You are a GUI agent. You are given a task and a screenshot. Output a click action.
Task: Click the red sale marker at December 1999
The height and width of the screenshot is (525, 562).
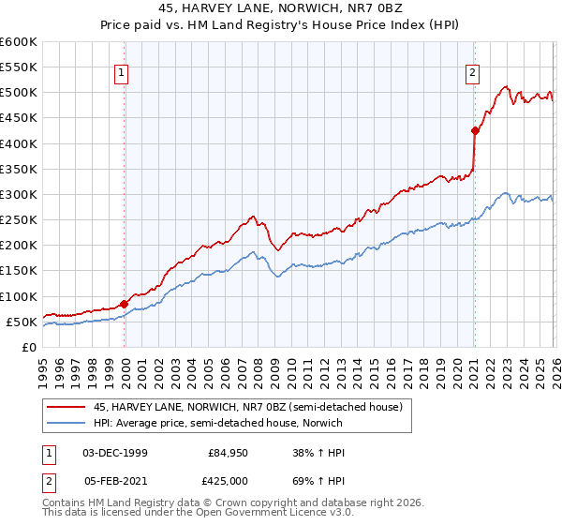coord(125,304)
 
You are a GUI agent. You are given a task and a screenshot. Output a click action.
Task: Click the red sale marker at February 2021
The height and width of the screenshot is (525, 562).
coord(475,131)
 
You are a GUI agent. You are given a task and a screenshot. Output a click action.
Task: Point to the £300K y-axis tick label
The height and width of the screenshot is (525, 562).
coord(18,194)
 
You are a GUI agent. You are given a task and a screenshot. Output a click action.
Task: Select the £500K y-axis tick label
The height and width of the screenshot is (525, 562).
coord(18,93)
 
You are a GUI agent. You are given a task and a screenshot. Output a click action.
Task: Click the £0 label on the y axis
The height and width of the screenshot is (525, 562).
coord(29,347)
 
